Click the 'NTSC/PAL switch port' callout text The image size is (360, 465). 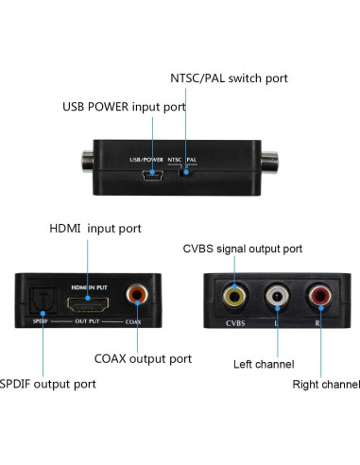click(228, 78)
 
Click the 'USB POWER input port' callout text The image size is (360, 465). click(123, 107)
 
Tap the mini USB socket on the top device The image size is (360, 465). click(152, 175)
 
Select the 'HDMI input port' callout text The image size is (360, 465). click(95, 229)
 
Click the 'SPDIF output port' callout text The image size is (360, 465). click(47, 385)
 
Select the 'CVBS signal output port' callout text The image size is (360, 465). click(242, 249)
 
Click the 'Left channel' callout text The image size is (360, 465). click(264, 364)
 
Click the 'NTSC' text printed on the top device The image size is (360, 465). click(174, 160)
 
